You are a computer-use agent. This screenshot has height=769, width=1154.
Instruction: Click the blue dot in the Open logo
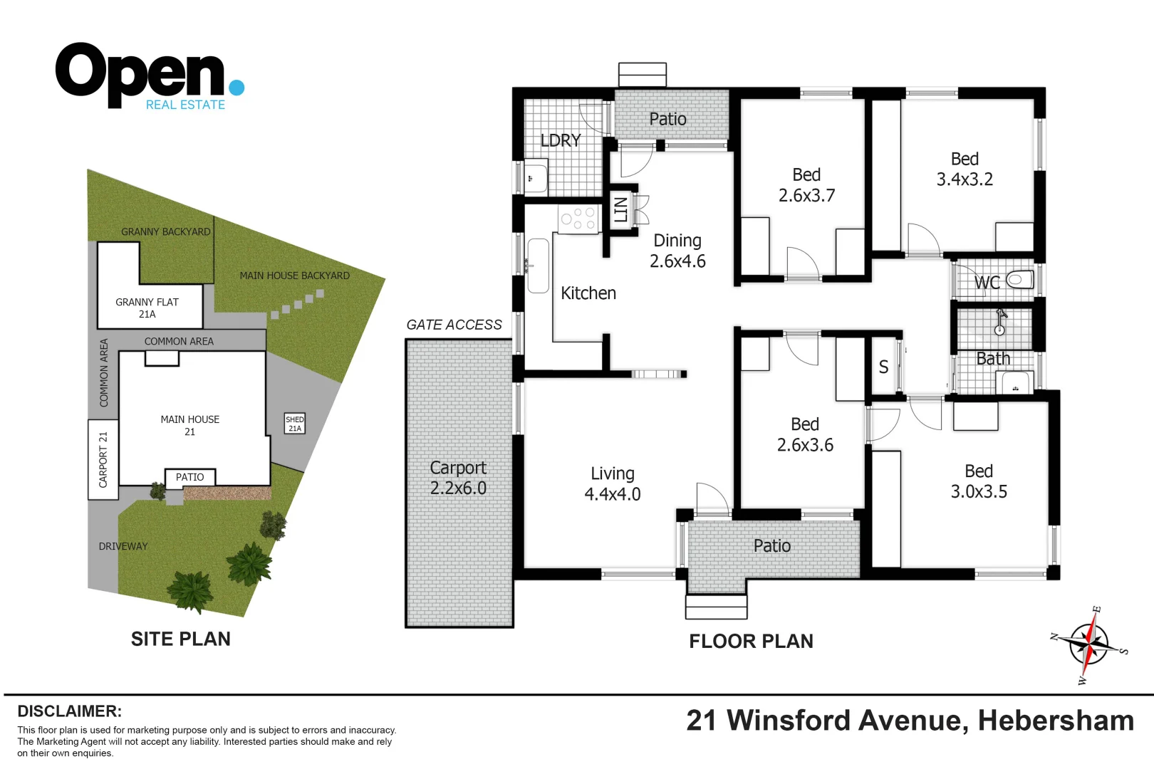click(237, 88)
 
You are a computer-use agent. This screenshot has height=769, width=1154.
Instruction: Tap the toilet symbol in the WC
click(1019, 279)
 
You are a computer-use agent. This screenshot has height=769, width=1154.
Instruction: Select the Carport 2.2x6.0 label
click(458, 478)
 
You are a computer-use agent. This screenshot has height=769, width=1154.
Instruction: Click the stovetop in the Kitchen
click(578, 218)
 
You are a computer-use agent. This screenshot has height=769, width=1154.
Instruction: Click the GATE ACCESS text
click(454, 325)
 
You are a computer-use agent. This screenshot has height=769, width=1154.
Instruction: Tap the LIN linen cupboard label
click(620, 209)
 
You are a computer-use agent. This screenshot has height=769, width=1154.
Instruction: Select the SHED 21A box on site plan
click(295, 424)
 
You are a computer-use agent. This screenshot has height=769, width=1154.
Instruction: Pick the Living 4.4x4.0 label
click(612, 483)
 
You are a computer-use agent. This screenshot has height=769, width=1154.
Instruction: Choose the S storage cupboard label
click(883, 367)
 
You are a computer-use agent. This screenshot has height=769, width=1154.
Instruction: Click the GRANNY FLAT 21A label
click(147, 308)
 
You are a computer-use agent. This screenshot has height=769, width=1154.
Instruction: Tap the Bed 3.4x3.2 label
click(965, 169)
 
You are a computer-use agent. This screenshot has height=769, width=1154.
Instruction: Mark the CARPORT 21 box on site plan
click(103, 459)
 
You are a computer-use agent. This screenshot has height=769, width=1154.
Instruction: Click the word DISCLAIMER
click(69, 711)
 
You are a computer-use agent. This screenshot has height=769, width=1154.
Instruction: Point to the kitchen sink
click(537, 266)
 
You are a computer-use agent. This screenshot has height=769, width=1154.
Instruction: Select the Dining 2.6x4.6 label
click(677, 251)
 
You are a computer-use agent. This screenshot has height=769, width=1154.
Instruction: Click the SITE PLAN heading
click(180, 639)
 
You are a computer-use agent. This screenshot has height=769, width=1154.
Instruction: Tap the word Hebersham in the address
click(1055, 721)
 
